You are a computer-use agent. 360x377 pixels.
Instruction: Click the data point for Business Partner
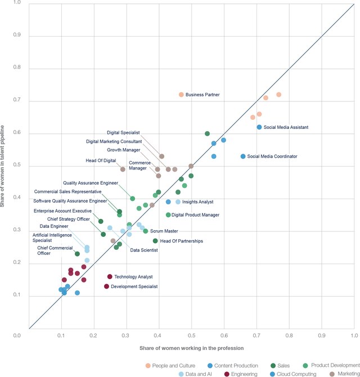[x=181, y=95]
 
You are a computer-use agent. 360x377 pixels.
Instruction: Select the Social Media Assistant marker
[x=259, y=127]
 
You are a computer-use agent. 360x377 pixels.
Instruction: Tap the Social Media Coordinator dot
[x=243, y=156]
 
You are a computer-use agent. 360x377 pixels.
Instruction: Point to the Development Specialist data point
[x=106, y=286]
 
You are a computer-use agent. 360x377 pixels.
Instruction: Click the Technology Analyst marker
[x=110, y=277]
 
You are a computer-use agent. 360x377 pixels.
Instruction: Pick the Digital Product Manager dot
[x=168, y=215]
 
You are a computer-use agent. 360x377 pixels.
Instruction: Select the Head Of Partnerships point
[x=155, y=241]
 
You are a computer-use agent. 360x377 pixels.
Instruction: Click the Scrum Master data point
[x=146, y=231]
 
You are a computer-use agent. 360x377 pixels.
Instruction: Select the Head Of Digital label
[x=101, y=161]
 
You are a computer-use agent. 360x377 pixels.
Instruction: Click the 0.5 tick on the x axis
[x=191, y=335]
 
